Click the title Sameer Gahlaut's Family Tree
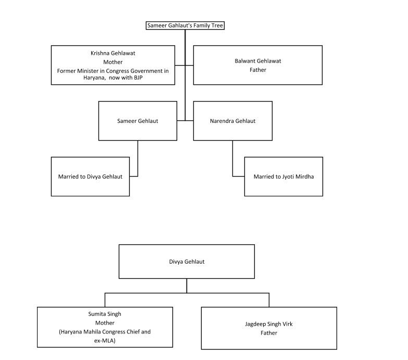185,25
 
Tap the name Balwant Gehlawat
258,61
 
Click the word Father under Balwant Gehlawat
258,69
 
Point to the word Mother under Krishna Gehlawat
113,63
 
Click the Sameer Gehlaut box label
138,121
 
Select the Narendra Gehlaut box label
232,121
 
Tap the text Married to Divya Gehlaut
90,177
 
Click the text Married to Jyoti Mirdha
283,177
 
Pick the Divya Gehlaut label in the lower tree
187,262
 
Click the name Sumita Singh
105,315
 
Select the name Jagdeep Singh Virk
269,324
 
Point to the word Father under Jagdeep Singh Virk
269,332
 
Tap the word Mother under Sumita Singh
105,323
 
